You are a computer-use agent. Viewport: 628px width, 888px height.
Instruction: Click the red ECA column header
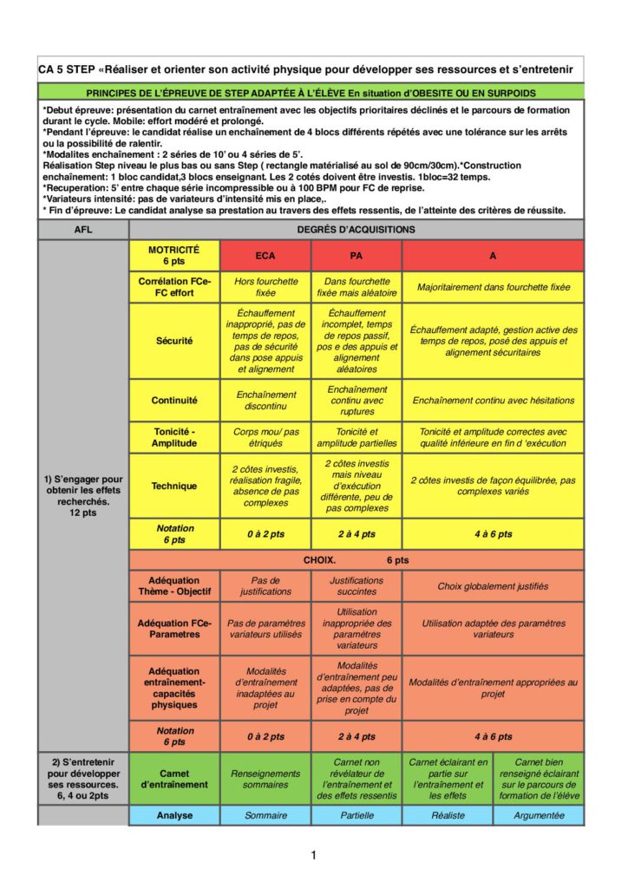265,257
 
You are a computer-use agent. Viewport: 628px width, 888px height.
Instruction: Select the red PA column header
357,257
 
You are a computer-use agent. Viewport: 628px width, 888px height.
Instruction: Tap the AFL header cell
83,230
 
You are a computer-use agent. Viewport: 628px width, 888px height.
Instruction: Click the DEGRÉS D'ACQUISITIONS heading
356,230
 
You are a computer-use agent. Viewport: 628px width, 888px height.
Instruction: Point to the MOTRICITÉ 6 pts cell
174,256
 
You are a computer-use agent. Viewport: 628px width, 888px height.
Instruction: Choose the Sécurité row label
174,341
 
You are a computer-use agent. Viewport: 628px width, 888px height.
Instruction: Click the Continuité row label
174,401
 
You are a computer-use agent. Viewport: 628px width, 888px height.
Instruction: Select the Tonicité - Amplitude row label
174,437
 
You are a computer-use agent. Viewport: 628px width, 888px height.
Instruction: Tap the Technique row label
174,486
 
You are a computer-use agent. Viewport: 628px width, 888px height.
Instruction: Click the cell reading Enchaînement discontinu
265,401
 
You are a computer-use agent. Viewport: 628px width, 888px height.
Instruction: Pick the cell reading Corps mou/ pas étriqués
265,437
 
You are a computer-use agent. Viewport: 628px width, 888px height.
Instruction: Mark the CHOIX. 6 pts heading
356,560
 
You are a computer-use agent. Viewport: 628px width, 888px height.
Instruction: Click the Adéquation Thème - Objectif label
174,586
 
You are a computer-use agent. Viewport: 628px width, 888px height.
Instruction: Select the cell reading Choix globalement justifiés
493,586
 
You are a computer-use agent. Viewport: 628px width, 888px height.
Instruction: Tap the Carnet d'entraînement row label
174,779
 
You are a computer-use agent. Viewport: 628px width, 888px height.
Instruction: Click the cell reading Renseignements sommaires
265,779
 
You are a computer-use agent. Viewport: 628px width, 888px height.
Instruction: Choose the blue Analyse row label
174,816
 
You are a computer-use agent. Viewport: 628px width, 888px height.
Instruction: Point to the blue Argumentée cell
539,816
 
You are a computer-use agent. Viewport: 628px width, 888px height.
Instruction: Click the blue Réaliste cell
448,816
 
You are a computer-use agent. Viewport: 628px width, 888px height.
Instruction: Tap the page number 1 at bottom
313,856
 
